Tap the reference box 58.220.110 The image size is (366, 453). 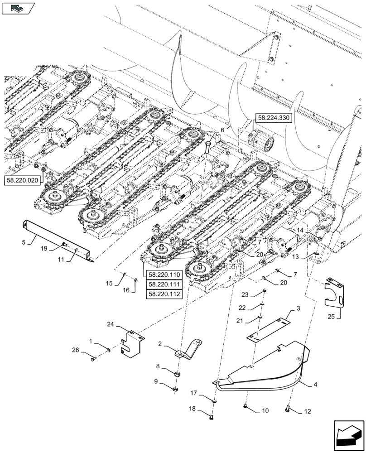[x=163, y=275]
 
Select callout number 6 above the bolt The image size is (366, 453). [x=222, y=130]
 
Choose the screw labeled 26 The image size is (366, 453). [x=94, y=359]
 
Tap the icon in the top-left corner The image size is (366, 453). [x=19, y=8]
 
